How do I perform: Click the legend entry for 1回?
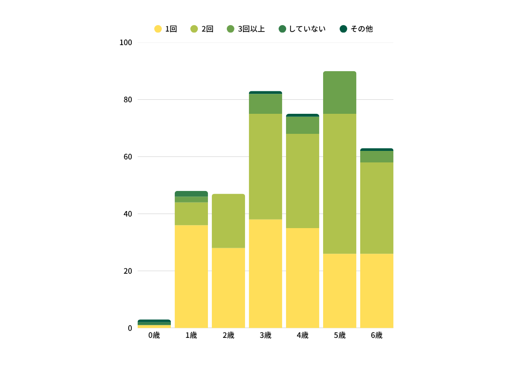(165, 29)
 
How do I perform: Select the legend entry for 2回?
(202, 29)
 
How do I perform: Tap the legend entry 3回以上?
(245, 29)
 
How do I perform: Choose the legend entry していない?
(302, 29)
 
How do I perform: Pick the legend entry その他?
(356, 29)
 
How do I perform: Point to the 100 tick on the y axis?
(126, 43)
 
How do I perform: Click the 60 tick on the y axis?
(128, 157)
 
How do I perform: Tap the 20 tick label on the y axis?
(128, 271)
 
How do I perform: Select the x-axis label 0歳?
(154, 335)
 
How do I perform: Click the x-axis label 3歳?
(266, 335)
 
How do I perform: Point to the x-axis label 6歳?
(377, 335)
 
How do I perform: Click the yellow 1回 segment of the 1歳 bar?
(191, 276)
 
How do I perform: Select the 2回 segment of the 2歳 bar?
(228, 221)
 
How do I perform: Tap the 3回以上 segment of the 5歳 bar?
(340, 93)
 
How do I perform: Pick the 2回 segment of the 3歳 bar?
(266, 166)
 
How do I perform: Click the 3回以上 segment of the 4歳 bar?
(303, 125)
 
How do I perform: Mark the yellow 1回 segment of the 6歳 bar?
(377, 291)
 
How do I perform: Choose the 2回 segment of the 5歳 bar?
(340, 183)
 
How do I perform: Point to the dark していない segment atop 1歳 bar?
(191, 194)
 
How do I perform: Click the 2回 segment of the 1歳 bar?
(191, 214)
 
